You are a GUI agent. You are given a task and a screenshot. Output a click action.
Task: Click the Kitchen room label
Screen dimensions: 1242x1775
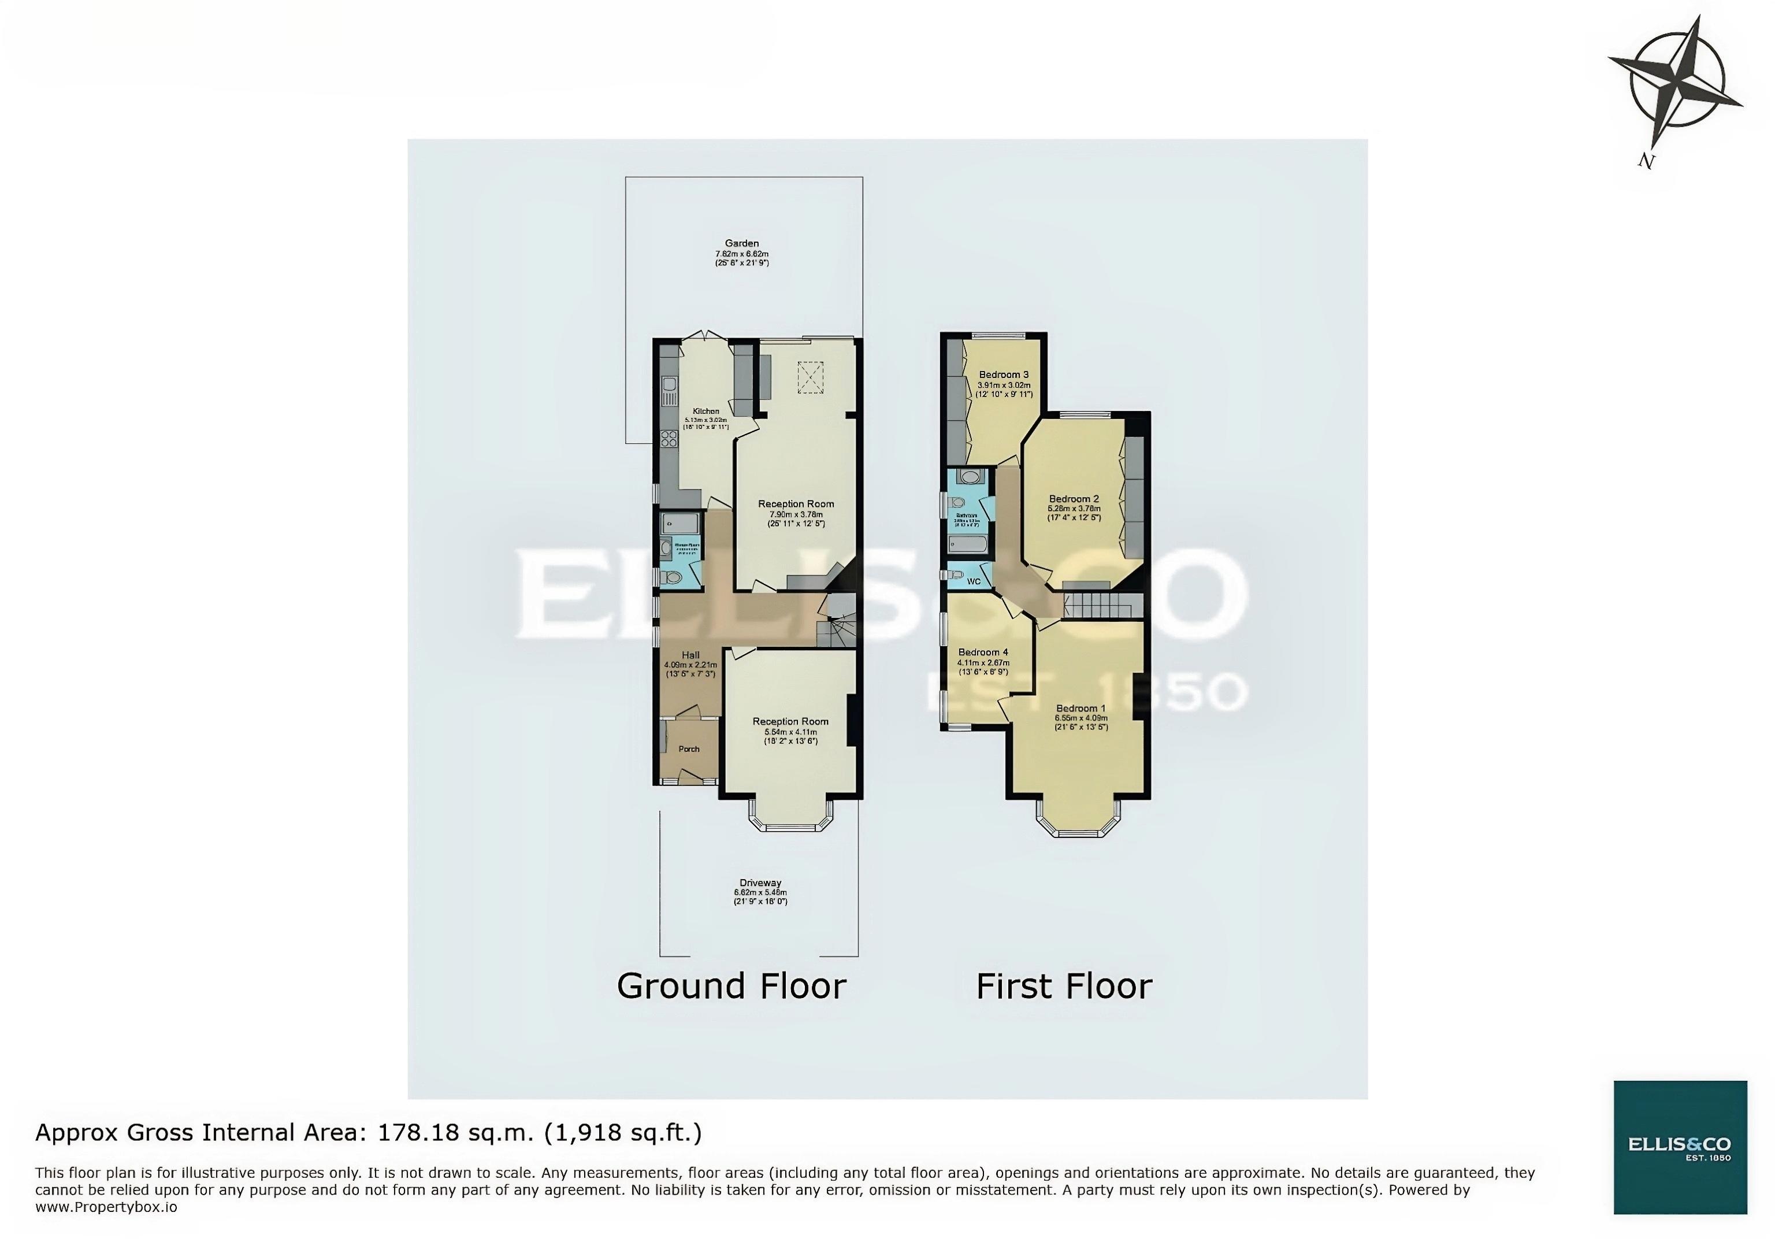[706, 411]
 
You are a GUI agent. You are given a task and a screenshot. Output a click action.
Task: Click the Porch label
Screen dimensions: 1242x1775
[689, 748]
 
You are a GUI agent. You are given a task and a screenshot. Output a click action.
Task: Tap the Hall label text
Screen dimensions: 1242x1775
[690, 654]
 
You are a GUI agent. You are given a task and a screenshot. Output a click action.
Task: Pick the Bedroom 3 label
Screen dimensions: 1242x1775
[1004, 375]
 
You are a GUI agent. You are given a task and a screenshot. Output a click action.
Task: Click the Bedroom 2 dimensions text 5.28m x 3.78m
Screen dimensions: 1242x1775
[1074, 508]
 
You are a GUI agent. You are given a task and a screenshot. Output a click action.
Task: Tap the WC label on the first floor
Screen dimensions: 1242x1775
[974, 581]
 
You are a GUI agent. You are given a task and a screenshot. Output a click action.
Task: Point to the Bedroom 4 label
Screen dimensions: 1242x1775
[983, 652]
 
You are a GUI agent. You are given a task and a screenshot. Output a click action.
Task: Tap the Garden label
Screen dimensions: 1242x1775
[741, 243]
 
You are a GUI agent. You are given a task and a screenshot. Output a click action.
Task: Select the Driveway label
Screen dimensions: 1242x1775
[760, 883]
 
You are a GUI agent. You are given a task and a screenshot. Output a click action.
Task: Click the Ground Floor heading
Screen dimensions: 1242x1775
[731, 986]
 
